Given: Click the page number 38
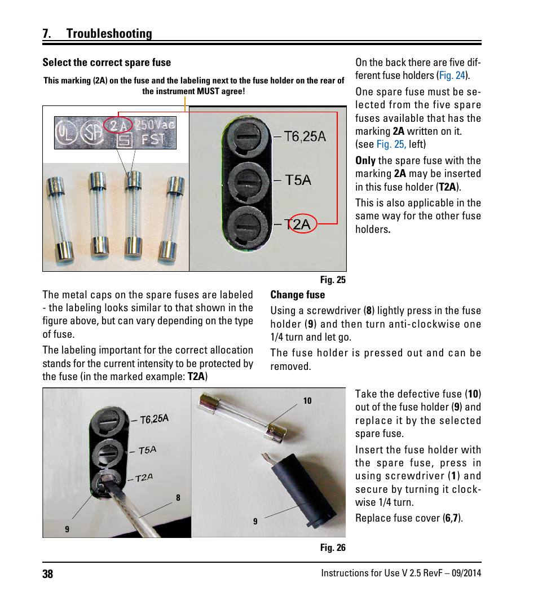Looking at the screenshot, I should coord(47,574).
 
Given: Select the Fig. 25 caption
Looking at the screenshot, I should coord(332,280).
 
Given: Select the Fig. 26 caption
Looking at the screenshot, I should coord(332,548).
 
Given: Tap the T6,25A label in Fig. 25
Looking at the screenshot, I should coord(305,136).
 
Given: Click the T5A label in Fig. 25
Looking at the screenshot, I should coord(298,180).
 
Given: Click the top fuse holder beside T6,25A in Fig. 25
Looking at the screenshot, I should coord(246,138).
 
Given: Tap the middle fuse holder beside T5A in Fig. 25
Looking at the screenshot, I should coord(246,181).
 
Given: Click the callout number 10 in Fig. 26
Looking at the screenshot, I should coord(307,401).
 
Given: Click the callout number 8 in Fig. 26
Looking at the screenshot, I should coord(178,498).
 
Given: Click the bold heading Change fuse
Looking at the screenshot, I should coord(297,295).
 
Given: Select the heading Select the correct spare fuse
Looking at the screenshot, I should coord(107,63).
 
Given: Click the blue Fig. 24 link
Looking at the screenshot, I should coord(452,76).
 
